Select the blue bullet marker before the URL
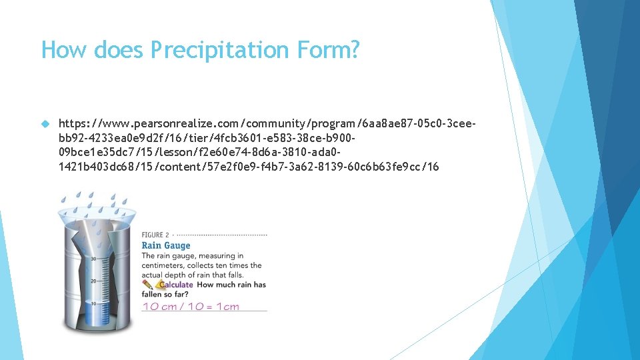coord(45,125)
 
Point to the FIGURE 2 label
coord(155,235)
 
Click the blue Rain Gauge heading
coord(165,245)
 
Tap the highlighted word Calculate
coord(175,285)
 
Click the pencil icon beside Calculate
coord(148,285)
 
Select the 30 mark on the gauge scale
coord(93,259)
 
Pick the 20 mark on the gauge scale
coord(93,281)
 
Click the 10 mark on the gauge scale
coord(93,302)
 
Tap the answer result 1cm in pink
coord(227,307)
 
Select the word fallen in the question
coord(153,294)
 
